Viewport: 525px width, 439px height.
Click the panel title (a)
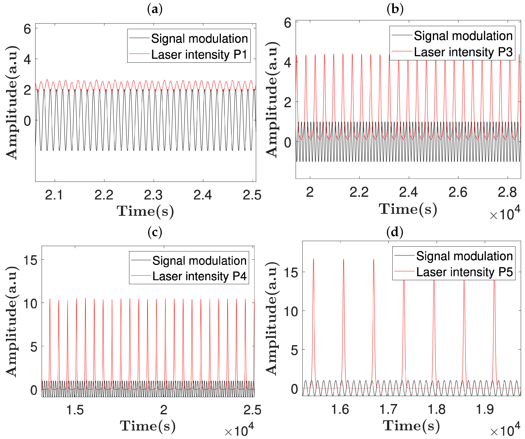click(155, 10)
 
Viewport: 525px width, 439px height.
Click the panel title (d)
click(395, 232)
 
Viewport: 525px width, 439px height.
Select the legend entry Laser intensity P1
click(199, 55)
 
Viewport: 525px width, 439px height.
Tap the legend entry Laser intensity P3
click(463, 52)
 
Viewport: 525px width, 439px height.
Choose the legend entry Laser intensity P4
click(199, 276)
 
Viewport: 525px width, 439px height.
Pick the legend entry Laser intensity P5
click(464, 272)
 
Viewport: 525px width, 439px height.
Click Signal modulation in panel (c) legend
click(199, 261)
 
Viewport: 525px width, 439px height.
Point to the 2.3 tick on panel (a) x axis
click(153, 195)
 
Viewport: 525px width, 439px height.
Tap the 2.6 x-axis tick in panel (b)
click(458, 192)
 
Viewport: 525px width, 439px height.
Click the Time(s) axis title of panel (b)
click(408, 209)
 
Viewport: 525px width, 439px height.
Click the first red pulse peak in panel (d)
click(314, 259)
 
